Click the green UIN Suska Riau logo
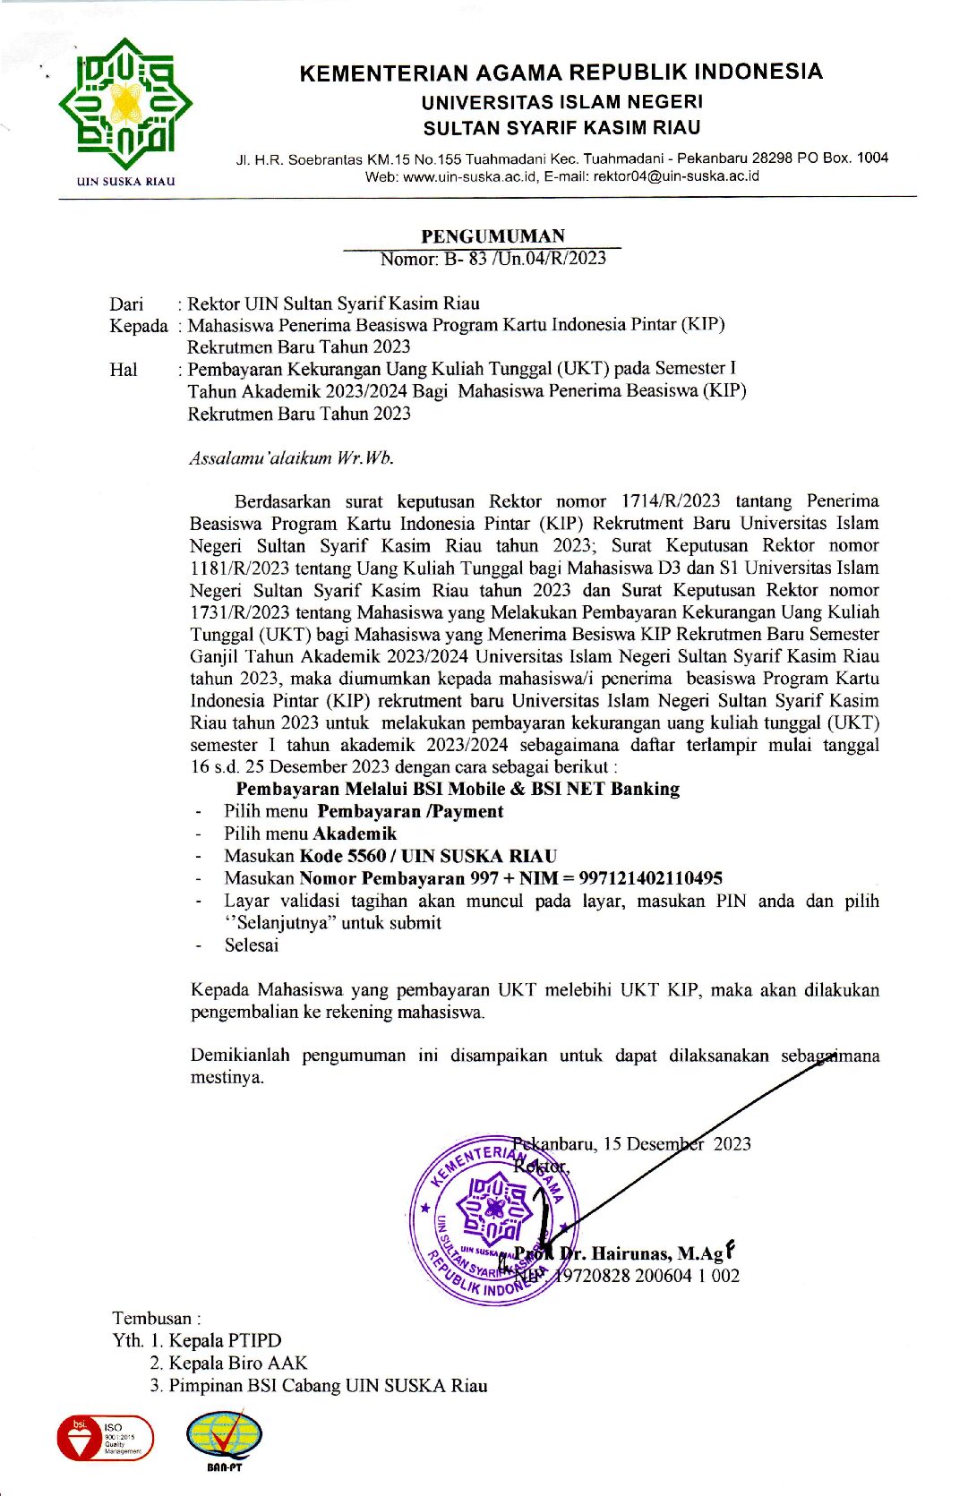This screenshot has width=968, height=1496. (125, 106)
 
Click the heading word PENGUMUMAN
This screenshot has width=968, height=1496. (493, 236)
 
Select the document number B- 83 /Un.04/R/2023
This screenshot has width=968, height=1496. (525, 259)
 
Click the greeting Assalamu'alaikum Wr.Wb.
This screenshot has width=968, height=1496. (291, 458)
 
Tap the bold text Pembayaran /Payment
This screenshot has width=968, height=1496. (410, 811)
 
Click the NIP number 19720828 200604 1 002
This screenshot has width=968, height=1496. (647, 1276)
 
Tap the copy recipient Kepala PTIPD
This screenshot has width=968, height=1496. (225, 1340)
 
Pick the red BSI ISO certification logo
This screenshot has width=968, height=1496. (104, 1438)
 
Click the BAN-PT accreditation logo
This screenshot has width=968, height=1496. (224, 1440)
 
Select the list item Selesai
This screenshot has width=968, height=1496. (252, 945)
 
